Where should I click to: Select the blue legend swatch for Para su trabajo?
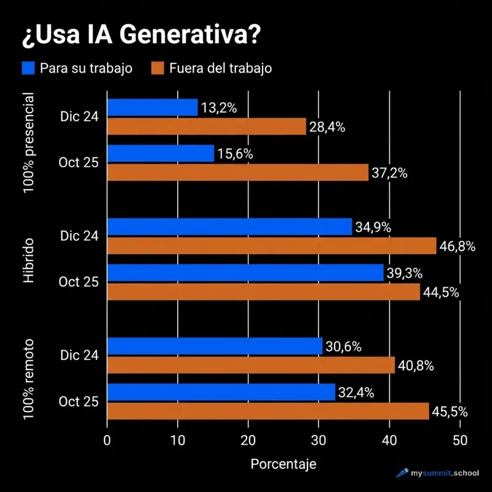(x=28, y=68)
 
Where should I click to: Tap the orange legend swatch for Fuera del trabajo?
(x=158, y=68)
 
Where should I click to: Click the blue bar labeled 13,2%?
(x=153, y=108)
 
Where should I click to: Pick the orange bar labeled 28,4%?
(x=207, y=127)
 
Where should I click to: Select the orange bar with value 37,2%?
(x=238, y=172)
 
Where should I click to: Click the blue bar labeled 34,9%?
(x=229, y=227)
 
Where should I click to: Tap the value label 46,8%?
(x=457, y=247)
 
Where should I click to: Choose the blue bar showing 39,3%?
(x=245, y=273)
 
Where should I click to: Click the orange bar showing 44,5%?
(x=264, y=292)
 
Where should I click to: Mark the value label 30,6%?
(x=343, y=347)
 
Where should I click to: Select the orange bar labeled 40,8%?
(x=251, y=365)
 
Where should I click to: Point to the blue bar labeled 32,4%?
(x=221, y=392)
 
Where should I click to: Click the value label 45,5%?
(x=449, y=411)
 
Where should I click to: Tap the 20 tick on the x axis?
(x=248, y=440)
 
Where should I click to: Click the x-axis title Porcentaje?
(x=284, y=464)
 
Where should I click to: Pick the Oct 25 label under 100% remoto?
(x=79, y=402)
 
